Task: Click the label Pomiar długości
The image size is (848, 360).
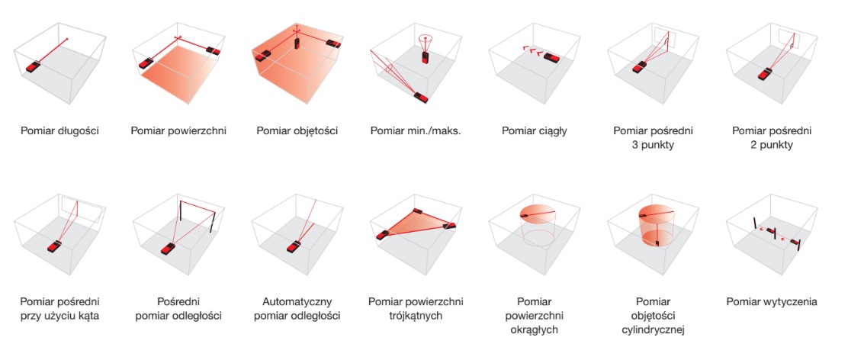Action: pos(59,131)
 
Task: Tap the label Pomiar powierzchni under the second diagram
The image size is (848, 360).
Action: pos(178,131)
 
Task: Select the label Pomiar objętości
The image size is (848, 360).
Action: pos(297,131)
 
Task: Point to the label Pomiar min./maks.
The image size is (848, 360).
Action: pos(416,131)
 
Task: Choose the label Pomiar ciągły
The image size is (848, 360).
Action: pos(535,131)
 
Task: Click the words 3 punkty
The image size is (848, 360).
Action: pos(654,146)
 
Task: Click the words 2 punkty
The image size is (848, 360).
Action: pos(773,146)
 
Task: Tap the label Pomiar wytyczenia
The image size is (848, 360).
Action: pos(772,301)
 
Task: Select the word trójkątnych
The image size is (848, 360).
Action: pos(416,316)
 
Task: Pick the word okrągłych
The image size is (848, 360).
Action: pos(535,329)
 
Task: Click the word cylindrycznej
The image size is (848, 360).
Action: pos(654,329)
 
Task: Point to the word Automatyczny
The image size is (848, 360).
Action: pos(297,301)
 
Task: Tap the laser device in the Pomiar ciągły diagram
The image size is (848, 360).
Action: pos(552,57)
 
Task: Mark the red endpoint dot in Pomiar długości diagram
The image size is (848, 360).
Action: pos(67,38)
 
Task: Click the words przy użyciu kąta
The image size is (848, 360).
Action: pos(59,316)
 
